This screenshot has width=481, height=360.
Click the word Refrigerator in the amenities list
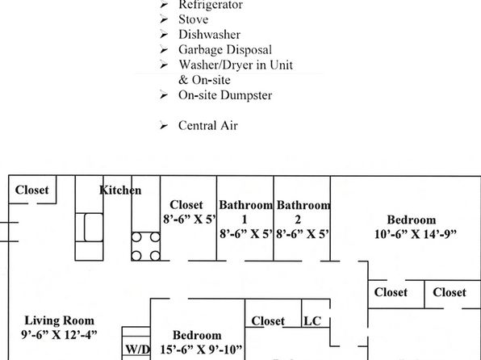211,5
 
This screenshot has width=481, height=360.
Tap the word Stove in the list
193,19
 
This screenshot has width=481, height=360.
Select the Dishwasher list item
209,35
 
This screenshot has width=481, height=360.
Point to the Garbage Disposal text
225,50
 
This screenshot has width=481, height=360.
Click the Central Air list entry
208,126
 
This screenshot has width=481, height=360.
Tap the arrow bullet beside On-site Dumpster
164,95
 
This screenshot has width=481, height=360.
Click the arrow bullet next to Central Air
164,126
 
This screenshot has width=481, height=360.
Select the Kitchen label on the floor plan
120,190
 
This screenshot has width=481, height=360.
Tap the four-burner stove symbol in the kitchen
146,246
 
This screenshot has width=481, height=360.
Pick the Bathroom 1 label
245,212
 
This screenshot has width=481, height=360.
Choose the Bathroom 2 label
303,212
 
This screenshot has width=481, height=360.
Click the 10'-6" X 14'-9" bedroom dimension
416,234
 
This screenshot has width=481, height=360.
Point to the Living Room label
59,320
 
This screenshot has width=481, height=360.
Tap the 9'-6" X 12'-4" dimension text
59,334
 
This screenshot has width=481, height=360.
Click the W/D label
137,349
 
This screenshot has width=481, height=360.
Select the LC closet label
312,321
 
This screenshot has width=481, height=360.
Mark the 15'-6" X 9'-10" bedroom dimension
201,350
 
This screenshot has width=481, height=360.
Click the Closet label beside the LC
268,321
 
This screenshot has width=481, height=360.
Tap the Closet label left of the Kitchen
32,190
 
